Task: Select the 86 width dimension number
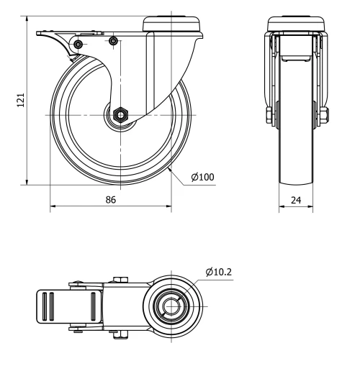111,200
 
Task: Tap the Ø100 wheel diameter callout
202,176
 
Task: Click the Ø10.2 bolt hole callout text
219,272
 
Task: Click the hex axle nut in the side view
120,114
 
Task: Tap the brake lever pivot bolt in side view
78,45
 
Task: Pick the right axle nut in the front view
323,115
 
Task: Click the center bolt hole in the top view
171,307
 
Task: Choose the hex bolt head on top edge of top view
119,280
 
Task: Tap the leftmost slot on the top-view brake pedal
48,307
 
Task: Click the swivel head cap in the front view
296,20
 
